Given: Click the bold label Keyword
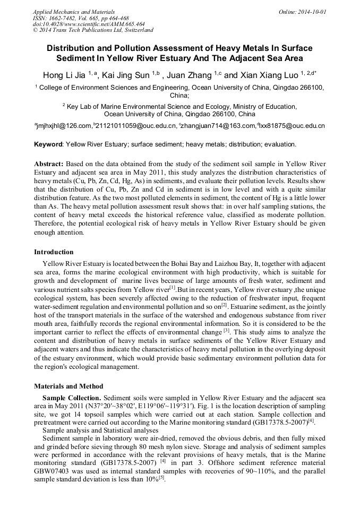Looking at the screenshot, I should pos(48,144).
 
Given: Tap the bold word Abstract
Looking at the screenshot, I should pos(50,164).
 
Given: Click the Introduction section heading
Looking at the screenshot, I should pos(54,252).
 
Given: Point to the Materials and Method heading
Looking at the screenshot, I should pos(68,386).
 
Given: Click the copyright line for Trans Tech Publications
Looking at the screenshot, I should pos(93,30).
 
